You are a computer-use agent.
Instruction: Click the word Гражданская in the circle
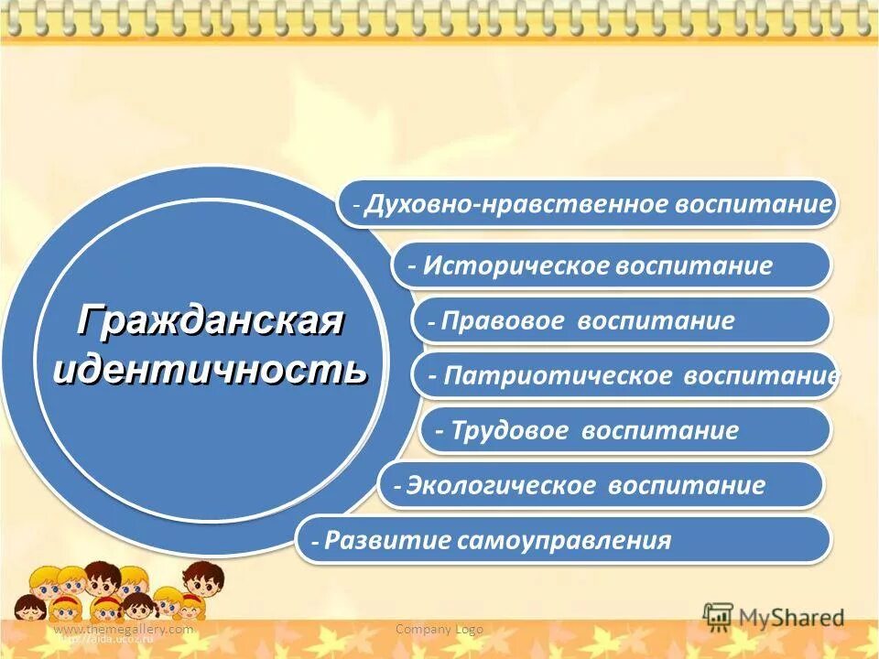(211, 320)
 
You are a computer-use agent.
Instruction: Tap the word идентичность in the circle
(211, 371)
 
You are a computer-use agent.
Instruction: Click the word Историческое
(517, 266)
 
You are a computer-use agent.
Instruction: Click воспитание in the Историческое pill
(694, 266)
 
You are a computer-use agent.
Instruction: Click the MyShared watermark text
(792, 618)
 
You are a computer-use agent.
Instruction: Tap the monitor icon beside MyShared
(719, 615)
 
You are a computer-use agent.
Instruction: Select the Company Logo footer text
(439, 629)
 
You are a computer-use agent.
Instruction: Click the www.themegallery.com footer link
(124, 629)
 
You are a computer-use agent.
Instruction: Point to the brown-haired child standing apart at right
(202, 586)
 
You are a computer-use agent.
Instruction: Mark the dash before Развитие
(315, 542)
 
